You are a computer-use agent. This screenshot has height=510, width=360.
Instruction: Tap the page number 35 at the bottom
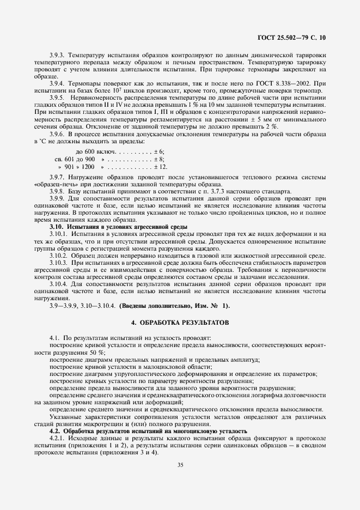tap(180, 464)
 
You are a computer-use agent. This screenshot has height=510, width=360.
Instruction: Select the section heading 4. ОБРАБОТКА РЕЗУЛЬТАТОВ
tap(180, 323)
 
